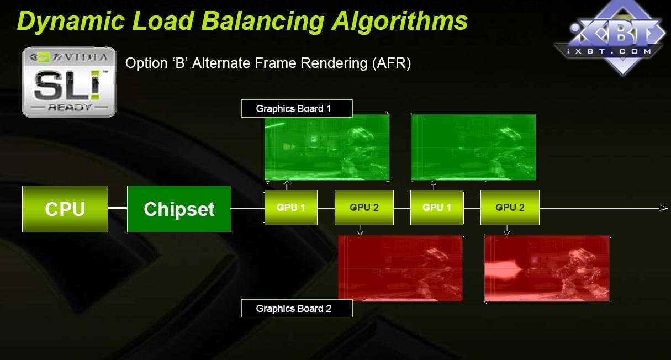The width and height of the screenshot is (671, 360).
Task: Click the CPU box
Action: [x=65, y=209]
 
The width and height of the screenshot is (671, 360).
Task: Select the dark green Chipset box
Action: [x=179, y=209]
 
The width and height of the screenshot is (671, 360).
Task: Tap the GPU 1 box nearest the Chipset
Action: [x=291, y=207]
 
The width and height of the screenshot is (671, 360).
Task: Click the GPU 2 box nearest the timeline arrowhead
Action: [x=510, y=207]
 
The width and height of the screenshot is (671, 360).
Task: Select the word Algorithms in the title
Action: [x=399, y=21]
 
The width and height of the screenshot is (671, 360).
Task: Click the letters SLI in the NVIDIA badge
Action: [x=67, y=86]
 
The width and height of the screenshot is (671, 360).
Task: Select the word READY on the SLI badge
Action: [x=70, y=107]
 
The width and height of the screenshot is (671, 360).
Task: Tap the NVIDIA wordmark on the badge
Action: [x=80, y=57]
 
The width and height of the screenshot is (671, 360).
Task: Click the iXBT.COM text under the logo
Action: [x=609, y=51]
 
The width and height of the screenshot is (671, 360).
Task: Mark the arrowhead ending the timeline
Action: [x=663, y=208]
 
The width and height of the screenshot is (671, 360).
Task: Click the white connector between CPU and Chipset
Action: [x=118, y=208]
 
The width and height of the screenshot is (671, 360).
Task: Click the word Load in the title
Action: [x=163, y=21]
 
